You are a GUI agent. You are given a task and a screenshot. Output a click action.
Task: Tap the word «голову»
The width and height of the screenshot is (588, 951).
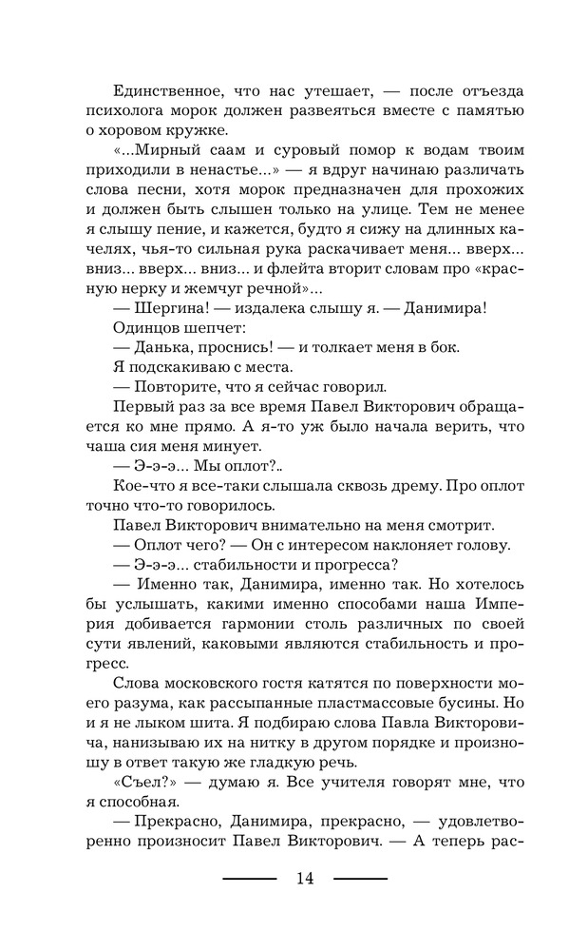coord(484,544)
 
